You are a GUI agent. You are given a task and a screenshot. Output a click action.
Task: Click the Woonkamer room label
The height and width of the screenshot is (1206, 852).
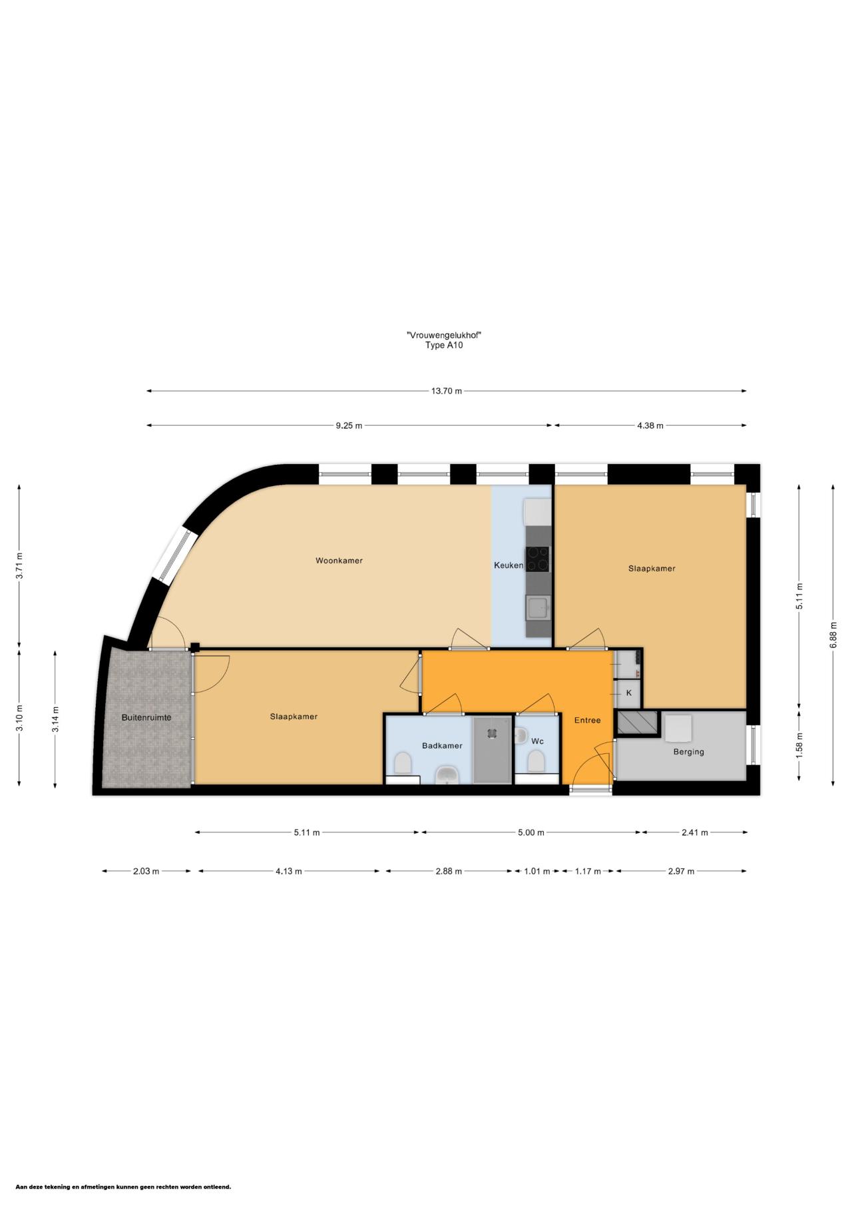pos(339,561)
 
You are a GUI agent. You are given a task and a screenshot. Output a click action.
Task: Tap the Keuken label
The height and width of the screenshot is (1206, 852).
pos(509,565)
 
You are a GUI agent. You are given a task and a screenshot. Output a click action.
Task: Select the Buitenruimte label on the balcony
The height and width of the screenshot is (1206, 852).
pos(146,717)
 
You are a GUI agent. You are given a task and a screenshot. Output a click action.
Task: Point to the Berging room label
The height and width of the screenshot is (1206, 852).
pos(688,752)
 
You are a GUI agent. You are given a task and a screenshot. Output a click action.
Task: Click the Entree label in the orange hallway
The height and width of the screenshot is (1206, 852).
pos(588,720)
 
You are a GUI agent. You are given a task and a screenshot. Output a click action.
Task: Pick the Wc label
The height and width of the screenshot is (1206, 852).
pos(537,741)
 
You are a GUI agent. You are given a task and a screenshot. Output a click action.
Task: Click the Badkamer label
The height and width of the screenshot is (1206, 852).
pos(442,746)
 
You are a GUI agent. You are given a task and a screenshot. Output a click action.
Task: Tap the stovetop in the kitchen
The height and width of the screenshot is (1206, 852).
pos(538,559)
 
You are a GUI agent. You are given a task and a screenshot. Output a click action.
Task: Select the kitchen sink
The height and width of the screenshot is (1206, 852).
pos(537,608)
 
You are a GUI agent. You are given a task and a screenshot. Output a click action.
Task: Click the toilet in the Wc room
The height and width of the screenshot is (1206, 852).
pos(536,760)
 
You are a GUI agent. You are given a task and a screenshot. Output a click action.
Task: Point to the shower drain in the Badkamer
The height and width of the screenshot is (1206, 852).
pos(492,733)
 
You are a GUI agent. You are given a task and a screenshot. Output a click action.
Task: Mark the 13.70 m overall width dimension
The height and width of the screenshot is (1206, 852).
pos(447,391)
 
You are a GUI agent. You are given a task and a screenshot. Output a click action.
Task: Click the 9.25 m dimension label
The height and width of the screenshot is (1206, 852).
pos(349,426)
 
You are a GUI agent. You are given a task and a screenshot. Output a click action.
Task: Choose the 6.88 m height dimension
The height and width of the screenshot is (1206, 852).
pos(833,635)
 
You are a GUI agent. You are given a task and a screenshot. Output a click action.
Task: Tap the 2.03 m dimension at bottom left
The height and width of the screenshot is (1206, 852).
pos(146,871)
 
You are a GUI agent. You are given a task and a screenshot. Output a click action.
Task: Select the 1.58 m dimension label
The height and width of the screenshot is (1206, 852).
pos(800,745)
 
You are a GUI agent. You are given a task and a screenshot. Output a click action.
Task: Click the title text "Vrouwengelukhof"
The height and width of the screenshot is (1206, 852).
pos(444,335)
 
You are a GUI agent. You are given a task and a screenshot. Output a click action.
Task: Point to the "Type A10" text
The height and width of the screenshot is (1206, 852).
pos(444,345)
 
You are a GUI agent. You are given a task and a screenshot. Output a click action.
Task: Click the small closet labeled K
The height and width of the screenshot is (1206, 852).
pos(629,693)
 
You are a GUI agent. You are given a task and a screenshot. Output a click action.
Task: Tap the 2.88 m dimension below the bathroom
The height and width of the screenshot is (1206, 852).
pos(449,871)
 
